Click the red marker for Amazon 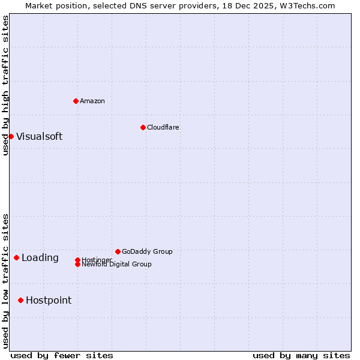pos(76,101)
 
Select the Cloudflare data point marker pos(143,127)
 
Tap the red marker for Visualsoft pos(11,136)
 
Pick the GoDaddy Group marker pos(118,251)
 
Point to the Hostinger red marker pos(77,260)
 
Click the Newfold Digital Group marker pos(77,264)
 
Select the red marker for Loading pos(16,258)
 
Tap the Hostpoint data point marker pos(20,300)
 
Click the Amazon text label pos(92,101)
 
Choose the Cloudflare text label pos(163,127)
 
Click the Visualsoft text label pos(39,136)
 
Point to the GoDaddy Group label pos(147,251)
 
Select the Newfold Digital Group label pos(116,265)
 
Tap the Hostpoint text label pos(49,300)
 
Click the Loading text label pos(40,258)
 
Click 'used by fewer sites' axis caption pos(62,355)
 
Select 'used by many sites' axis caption pos(301,355)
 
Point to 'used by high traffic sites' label pos(5,85)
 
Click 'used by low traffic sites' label pos(5,280)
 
